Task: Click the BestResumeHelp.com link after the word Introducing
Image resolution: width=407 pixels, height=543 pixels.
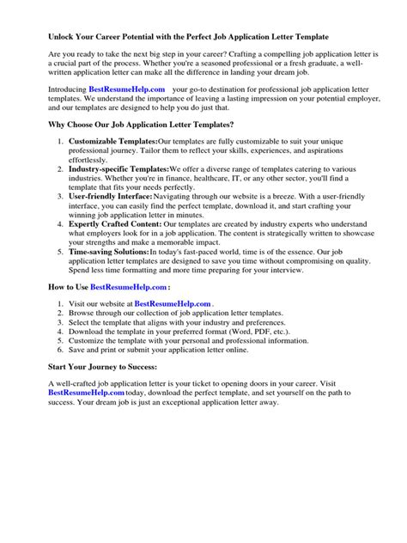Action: pos(125,89)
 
